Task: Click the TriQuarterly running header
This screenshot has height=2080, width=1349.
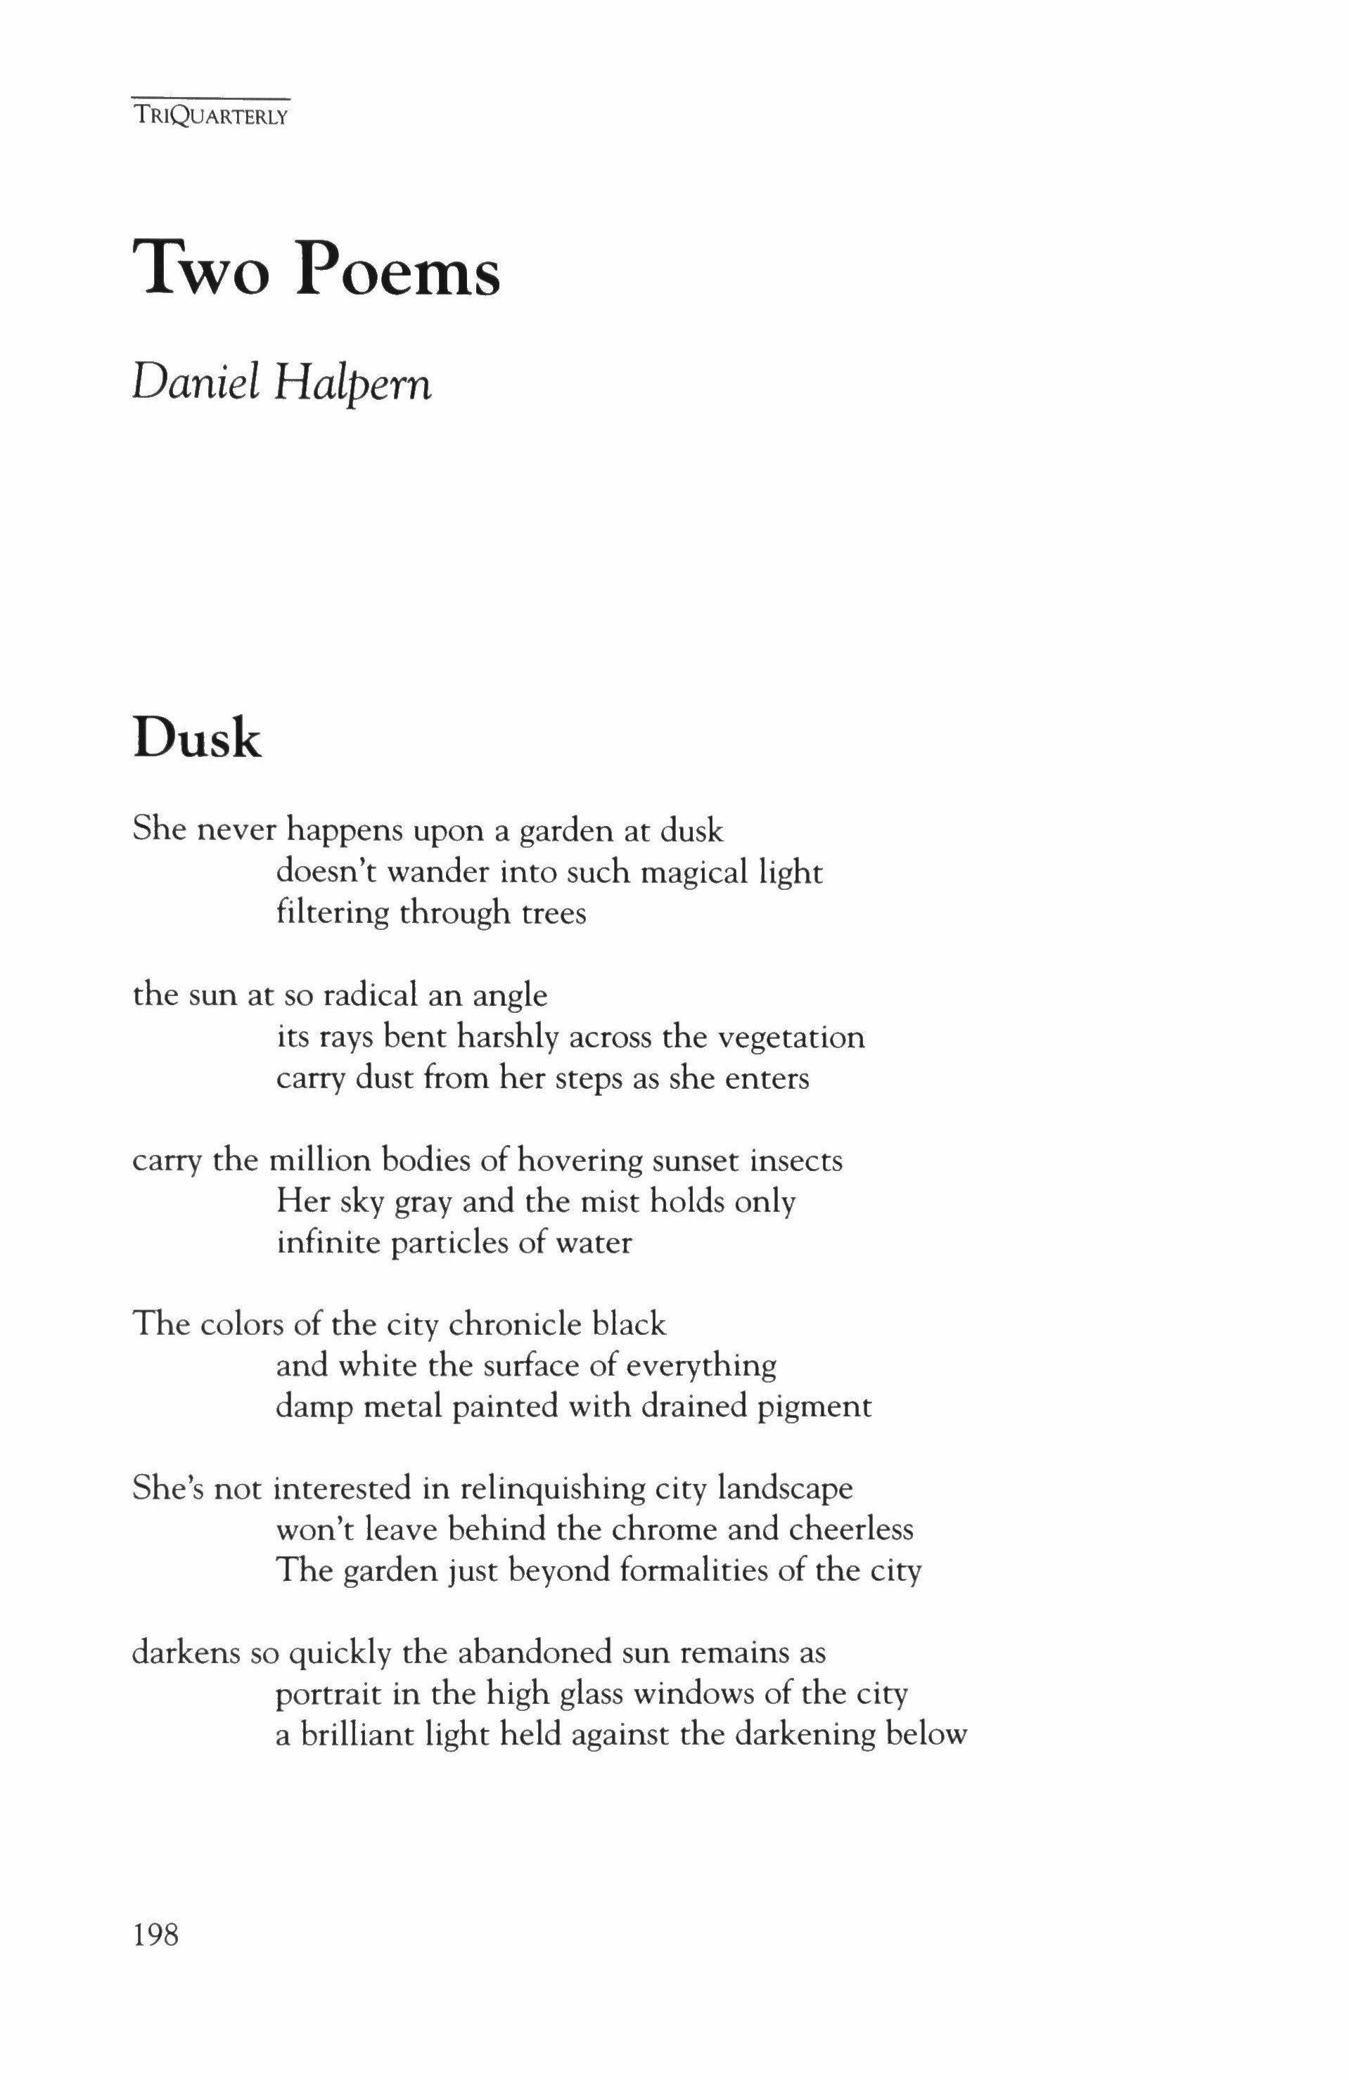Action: point(211,115)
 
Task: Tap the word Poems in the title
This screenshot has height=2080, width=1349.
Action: point(398,271)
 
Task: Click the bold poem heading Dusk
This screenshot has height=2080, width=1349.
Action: point(197,739)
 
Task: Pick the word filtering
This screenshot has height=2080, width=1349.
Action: point(331,913)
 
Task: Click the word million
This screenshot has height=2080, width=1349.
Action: point(312,1161)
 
